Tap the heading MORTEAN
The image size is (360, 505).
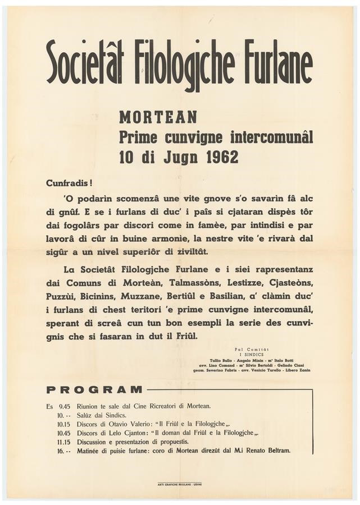[x=158, y=118]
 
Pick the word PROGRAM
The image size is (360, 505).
[x=94, y=389]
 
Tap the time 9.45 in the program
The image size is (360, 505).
[x=66, y=405]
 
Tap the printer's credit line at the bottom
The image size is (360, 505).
[x=180, y=484]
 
